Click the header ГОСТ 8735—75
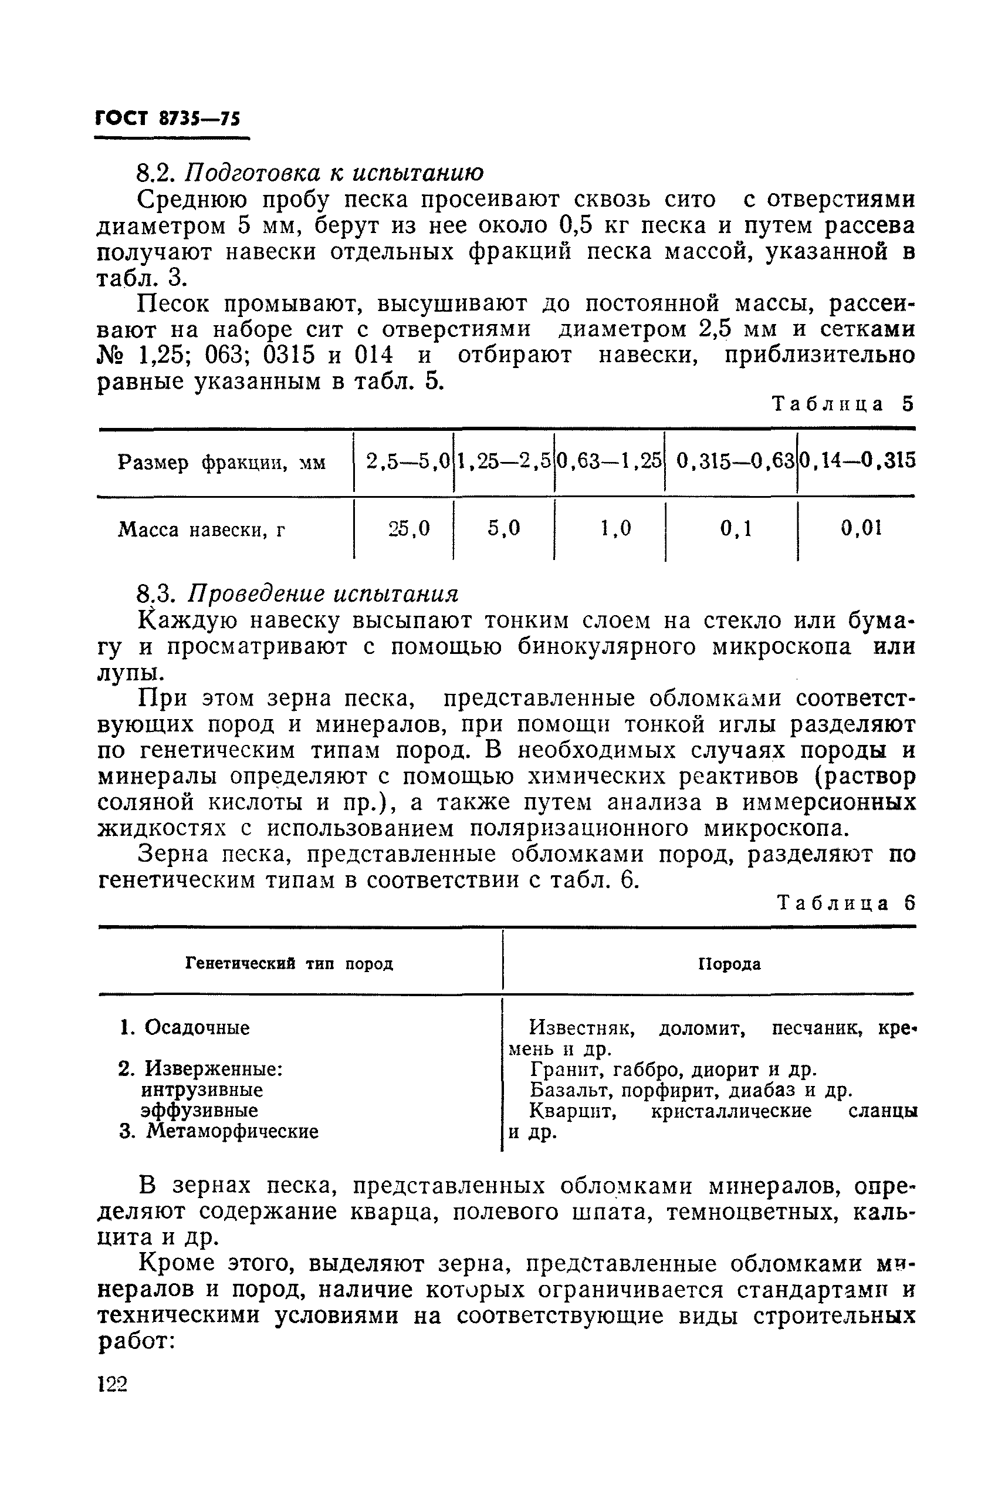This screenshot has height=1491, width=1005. pyautogui.click(x=168, y=119)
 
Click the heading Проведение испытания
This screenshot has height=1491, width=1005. pyautogui.click(x=323, y=594)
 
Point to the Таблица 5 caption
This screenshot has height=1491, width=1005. pyautogui.click(x=842, y=404)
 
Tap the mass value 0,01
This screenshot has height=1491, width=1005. pyautogui.click(x=861, y=528)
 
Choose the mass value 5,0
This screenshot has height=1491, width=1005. pyautogui.click(x=504, y=528)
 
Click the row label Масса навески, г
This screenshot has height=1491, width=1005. pyautogui.click(x=202, y=530)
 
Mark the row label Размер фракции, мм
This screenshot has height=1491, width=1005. pyautogui.click(x=221, y=463)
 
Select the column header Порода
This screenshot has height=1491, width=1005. pyautogui.click(x=729, y=964)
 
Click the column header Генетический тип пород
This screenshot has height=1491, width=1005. pyautogui.click(x=289, y=963)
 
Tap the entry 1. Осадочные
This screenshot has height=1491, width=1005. pyautogui.click(x=185, y=1027)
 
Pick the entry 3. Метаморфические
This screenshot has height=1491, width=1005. pyautogui.click(x=219, y=1131)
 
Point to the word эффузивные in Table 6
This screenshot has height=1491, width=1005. pyautogui.click(x=199, y=1110)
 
